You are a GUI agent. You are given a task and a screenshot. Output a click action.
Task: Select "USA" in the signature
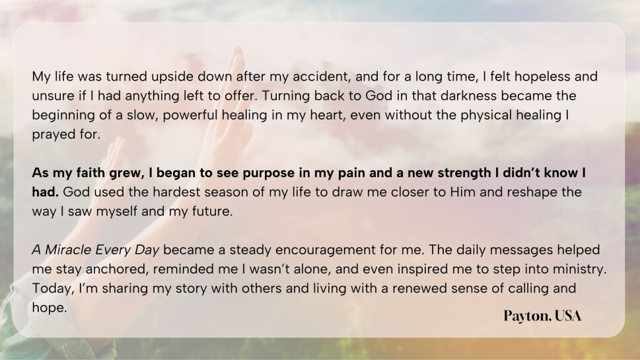point(568,316)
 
